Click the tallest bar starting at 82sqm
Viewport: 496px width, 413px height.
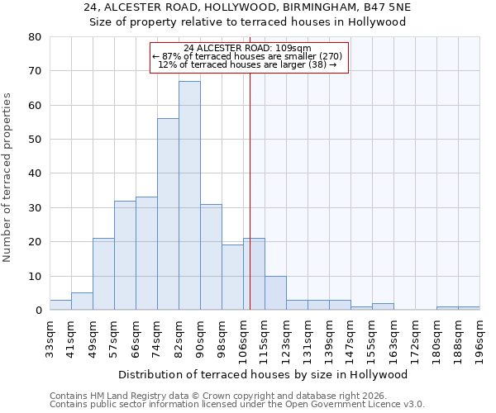click(x=189, y=196)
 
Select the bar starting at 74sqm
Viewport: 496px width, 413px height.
click(x=168, y=215)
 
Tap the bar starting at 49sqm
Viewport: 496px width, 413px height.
click(x=103, y=274)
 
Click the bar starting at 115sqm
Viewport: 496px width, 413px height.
click(x=275, y=293)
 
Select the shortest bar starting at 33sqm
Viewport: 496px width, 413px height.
click(x=60, y=306)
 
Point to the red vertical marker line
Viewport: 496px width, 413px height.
click(x=250, y=190)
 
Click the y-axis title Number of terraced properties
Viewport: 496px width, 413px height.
click(x=7, y=177)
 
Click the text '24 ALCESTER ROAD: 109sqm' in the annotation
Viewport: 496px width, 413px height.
click(x=248, y=48)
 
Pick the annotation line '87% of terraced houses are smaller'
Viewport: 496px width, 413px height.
click(x=253, y=56)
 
